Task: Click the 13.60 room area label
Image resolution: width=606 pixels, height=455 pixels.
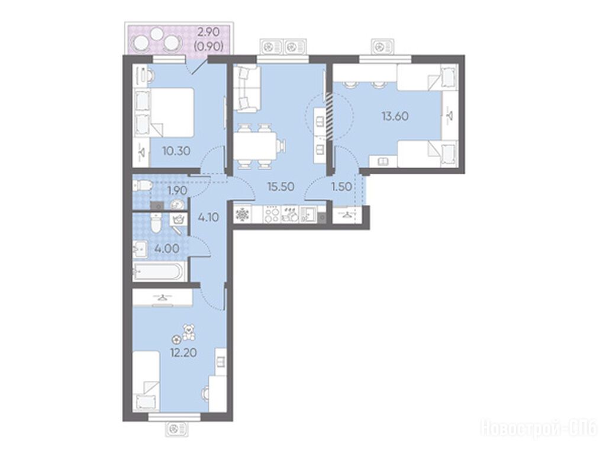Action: [x=395, y=116]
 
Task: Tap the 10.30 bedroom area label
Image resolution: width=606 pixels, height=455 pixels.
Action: [x=176, y=150]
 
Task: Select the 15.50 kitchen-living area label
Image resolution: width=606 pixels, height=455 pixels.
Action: [x=281, y=187]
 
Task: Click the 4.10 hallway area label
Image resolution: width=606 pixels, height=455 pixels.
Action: [x=208, y=217]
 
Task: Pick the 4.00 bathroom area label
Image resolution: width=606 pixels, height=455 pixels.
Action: [x=166, y=248]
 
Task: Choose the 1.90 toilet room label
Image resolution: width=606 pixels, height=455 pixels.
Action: [x=177, y=190]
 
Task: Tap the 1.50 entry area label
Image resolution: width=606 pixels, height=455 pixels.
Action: [x=341, y=187]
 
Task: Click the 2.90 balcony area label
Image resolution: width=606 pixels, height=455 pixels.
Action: [x=209, y=32]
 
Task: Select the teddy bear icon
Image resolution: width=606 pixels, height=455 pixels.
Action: [x=189, y=332]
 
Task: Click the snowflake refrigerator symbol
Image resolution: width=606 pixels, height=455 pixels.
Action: [x=242, y=214]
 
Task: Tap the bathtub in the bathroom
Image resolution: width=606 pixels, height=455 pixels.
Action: [x=158, y=271]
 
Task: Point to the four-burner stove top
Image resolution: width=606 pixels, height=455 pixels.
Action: [x=272, y=214]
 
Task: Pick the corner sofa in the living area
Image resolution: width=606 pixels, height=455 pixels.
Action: [x=246, y=89]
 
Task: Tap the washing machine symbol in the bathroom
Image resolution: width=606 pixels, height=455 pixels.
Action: [x=178, y=219]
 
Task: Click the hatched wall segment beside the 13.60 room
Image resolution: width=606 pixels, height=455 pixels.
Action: [x=330, y=116]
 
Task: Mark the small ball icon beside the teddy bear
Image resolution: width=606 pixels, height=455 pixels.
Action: [x=176, y=339]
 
